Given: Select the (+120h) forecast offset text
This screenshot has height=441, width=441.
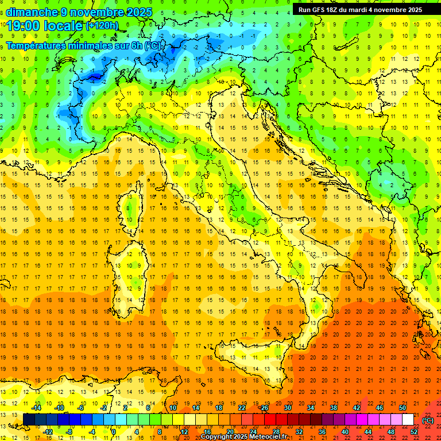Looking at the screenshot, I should pyautogui.click(x=102, y=25).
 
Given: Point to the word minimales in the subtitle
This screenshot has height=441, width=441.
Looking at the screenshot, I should pyautogui.click(x=104, y=46).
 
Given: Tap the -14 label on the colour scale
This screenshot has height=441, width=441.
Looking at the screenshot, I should pyautogui.click(x=36, y=408).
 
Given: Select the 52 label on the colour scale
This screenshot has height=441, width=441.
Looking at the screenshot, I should pyautogui.click(x=414, y=432).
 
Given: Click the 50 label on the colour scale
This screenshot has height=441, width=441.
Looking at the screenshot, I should pyautogui.click(x=403, y=408).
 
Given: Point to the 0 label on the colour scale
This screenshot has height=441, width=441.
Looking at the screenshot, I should pyautogui.click(x=114, y=432).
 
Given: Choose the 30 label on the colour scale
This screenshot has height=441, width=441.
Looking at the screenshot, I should pyautogui.click(x=288, y=408).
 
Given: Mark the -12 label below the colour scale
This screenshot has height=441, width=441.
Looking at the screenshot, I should pyautogui.click(x=48, y=432).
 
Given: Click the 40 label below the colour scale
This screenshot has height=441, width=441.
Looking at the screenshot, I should pyautogui.click(x=345, y=432).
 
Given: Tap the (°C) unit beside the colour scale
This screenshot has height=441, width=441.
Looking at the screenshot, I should pyautogui.click(x=428, y=420).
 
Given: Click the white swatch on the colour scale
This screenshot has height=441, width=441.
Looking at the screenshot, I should pyautogui.click(x=408, y=420).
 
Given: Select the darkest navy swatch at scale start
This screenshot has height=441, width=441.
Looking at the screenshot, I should pyautogui.click(x=29, y=420).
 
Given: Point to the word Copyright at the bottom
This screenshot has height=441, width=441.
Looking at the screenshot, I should pyautogui.click(x=217, y=437).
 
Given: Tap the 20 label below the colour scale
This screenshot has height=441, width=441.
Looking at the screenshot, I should pyautogui.click(x=230, y=432).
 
